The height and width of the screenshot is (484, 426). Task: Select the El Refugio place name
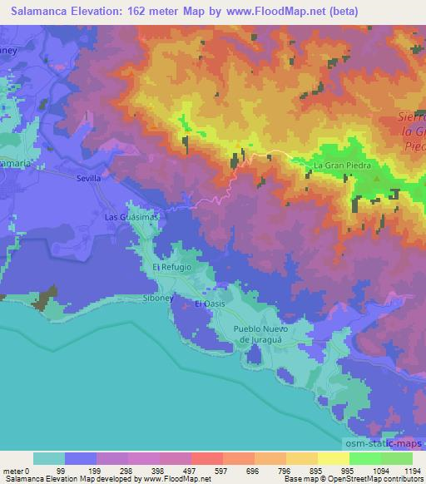coord(172,267)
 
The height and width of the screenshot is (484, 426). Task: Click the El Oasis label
coord(210,304)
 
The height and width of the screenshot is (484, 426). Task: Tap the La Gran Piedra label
coord(339,166)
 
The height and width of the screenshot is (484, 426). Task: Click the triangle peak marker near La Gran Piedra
coord(376,176)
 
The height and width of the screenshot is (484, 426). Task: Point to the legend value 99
coord(82,470)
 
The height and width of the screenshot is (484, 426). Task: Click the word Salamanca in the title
coord(38,10)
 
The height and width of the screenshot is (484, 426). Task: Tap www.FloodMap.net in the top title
coord(285,10)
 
